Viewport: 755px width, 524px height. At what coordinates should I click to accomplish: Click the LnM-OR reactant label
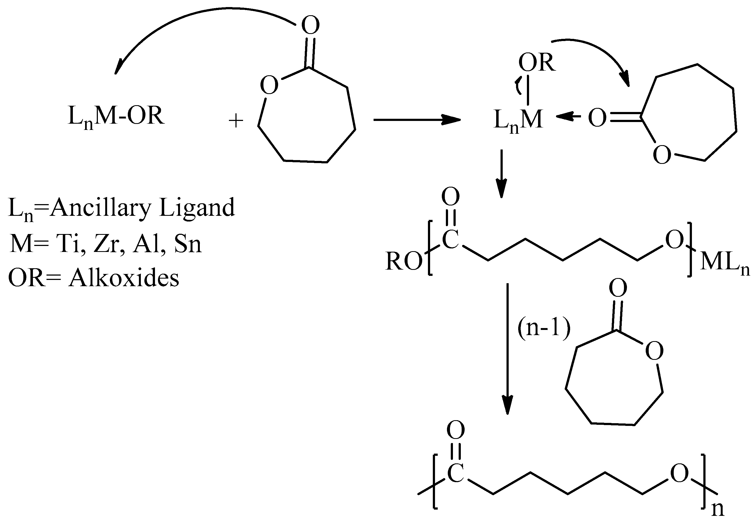click(x=116, y=117)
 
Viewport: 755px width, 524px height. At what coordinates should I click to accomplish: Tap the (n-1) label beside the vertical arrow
click(x=544, y=328)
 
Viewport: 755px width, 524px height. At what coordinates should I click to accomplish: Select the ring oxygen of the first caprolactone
click(x=269, y=85)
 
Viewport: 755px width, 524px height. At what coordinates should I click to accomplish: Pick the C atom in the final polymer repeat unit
click(x=456, y=474)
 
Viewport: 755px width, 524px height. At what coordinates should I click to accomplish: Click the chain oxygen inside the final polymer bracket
click(x=679, y=474)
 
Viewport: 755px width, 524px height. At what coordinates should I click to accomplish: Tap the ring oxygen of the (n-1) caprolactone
click(x=654, y=351)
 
